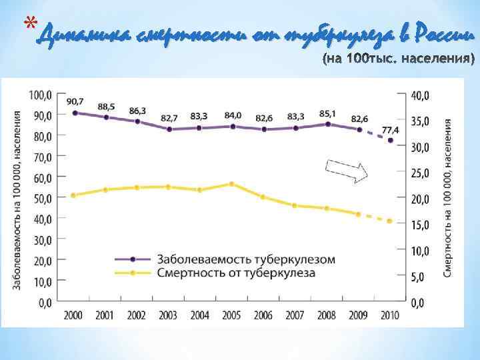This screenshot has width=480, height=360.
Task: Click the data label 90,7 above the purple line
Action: coord(75,101)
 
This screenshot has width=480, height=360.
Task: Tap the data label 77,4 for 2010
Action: coord(390,129)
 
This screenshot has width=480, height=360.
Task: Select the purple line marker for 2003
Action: coord(169,129)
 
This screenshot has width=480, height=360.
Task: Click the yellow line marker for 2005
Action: coord(231,183)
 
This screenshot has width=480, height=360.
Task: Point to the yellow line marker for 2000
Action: coord(74,195)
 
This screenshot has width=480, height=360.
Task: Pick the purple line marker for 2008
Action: coord(327,124)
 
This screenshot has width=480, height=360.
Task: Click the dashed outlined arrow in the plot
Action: coord(346,171)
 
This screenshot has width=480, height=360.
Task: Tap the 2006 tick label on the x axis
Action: coord(263,315)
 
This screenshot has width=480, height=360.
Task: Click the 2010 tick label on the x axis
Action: coord(390,315)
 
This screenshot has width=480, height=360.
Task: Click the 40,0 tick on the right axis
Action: coord(419,96)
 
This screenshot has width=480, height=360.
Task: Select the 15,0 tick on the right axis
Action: coord(419,225)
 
